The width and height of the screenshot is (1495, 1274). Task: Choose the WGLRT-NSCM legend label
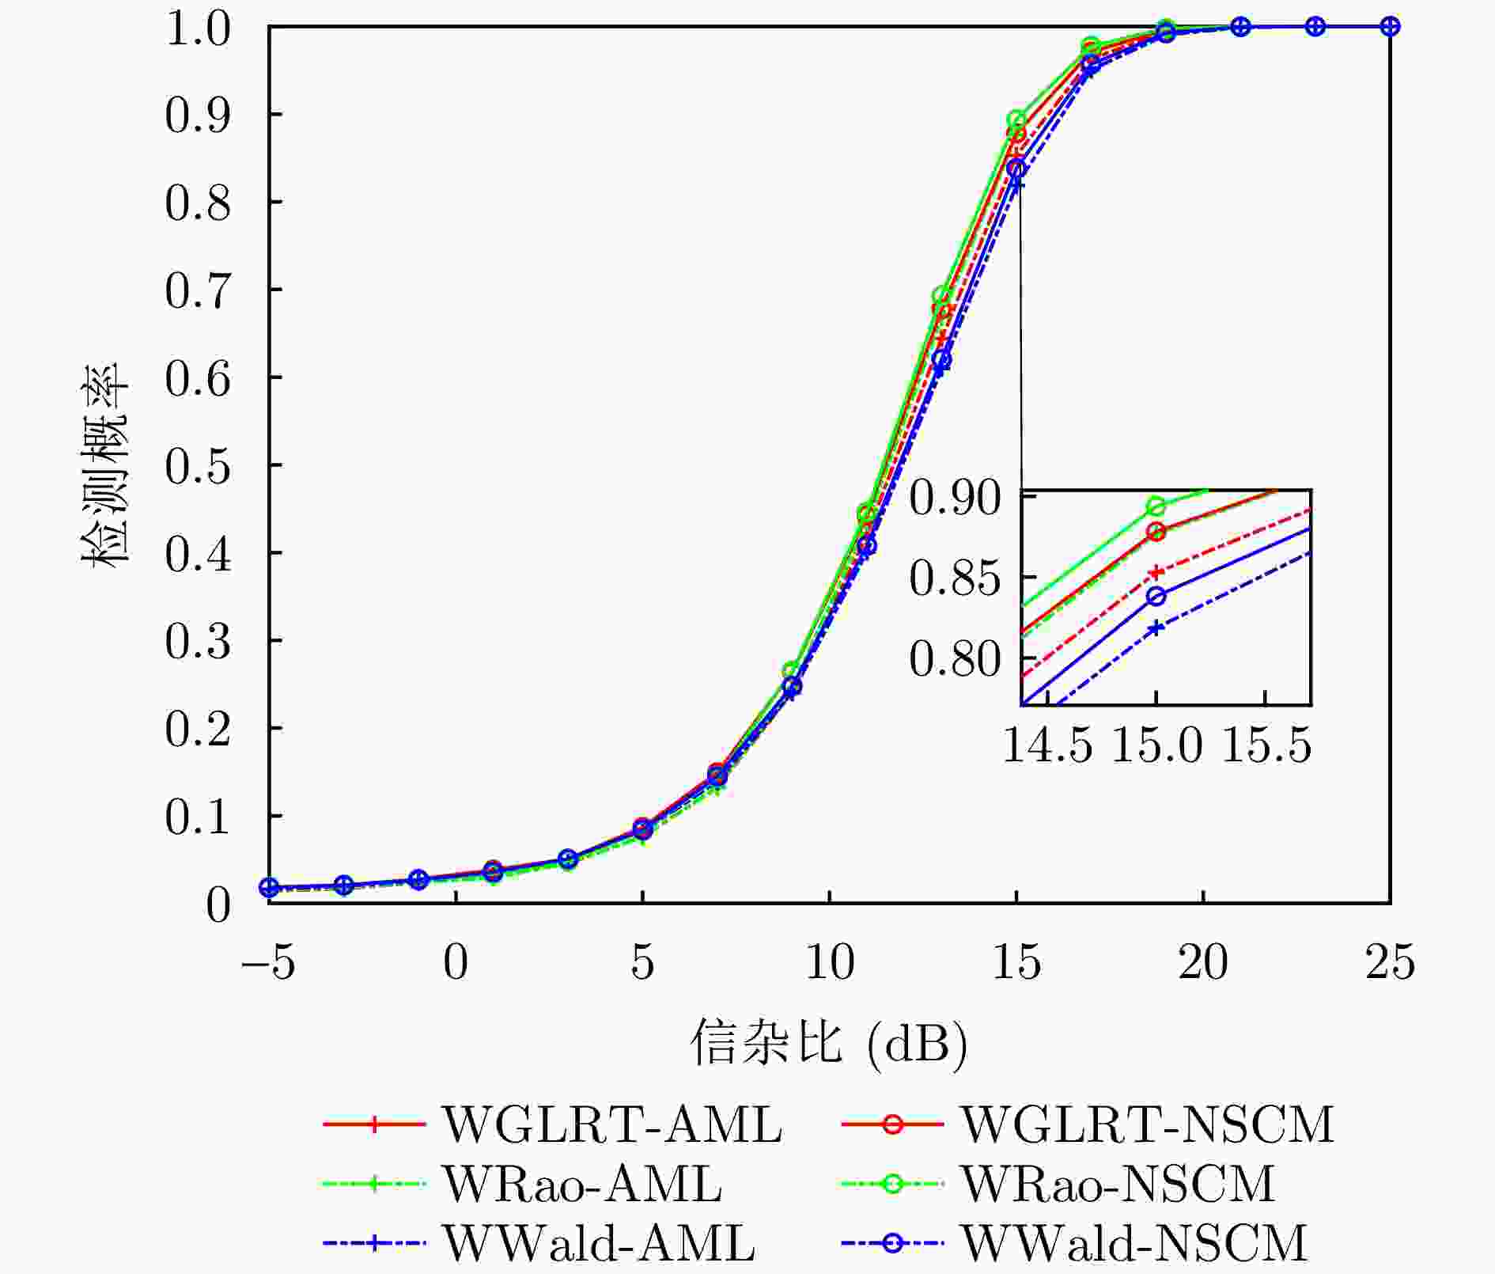click(x=1147, y=1124)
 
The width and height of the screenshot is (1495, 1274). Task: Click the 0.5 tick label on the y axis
click(x=198, y=466)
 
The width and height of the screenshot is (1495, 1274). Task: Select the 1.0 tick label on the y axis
click(x=198, y=29)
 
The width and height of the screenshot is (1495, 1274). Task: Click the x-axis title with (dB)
click(x=828, y=1044)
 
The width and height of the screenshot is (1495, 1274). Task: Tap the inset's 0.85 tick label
click(x=954, y=578)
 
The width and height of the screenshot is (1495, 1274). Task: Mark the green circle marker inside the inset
click(x=1156, y=506)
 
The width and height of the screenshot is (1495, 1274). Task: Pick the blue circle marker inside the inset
click(x=1156, y=597)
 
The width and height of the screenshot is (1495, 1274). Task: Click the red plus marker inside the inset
click(x=1156, y=572)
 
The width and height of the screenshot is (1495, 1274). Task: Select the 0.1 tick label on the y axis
click(x=198, y=817)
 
